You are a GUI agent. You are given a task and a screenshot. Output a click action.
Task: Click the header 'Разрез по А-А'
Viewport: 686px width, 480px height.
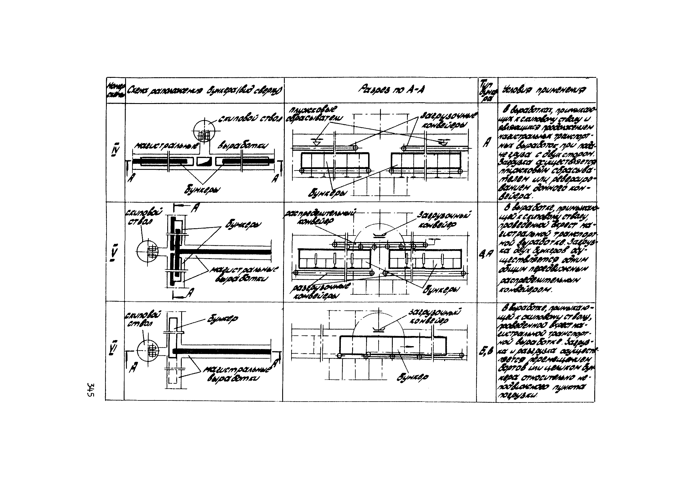click(x=382, y=89)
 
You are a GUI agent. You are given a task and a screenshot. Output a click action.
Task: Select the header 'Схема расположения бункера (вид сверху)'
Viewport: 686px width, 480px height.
click(x=205, y=90)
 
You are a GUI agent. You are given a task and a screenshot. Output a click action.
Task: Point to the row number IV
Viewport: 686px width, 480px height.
click(x=115, y=152)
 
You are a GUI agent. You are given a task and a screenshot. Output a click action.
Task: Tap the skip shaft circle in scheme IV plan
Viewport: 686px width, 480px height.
click(x=204, y=132)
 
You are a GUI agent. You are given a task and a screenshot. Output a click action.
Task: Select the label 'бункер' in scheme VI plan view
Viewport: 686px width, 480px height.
click(x=223, y=319)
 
